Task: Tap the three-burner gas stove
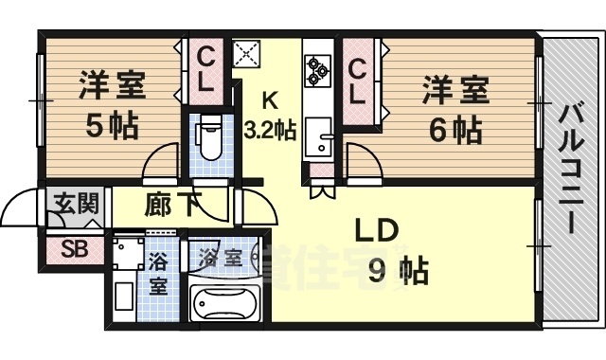tap(315, 68)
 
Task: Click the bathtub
tap(226, 303)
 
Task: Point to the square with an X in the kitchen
tap(248, 53)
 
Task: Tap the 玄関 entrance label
tap(73, 203)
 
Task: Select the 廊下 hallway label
tap(171, 205)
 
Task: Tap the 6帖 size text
tap(454, 129)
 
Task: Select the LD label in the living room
tap(377, 232)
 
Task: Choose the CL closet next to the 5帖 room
tap(205, 70)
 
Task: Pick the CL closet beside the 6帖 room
tap(357, 81)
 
